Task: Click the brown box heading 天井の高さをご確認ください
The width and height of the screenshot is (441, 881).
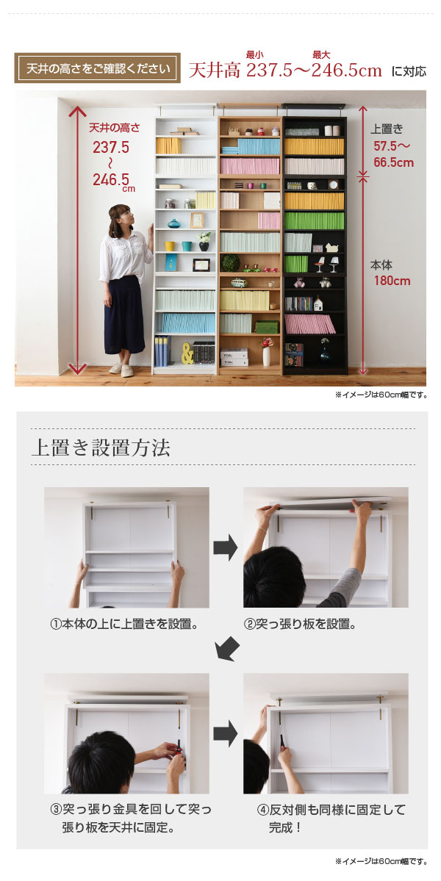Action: [97, 68]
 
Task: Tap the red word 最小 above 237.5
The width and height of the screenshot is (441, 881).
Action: [254, 55]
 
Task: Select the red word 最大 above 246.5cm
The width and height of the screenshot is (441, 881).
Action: [321, 55]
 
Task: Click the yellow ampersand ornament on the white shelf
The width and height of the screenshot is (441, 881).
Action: [187, 353]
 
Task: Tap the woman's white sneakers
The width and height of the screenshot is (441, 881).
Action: [122, 369]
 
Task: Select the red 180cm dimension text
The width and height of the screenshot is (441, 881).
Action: [392, 281]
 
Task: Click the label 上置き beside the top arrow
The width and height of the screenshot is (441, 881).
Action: [387, 129]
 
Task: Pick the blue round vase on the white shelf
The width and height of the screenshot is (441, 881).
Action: [174, 223]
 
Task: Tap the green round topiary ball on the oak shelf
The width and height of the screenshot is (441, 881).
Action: [230, 262]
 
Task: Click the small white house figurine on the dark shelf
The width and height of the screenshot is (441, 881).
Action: [318, 303]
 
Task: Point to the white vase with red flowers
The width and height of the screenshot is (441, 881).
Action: [266, 352]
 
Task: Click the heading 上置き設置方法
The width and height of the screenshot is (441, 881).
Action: [101, 447]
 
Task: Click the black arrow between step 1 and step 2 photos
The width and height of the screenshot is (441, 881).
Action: [226, 548]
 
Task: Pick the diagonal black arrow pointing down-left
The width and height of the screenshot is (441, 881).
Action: [228, 650]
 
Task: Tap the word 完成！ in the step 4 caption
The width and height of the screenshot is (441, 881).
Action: [285, 827]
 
